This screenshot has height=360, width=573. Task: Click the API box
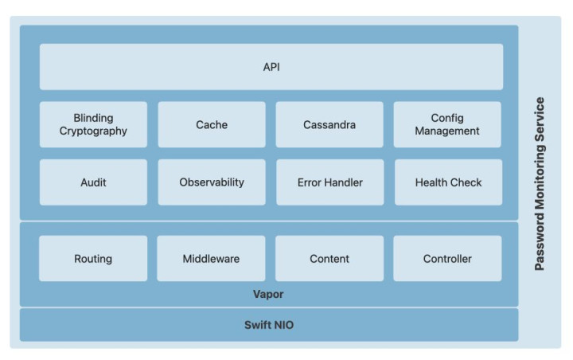click(271, 67)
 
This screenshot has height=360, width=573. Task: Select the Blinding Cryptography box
click(93, 124)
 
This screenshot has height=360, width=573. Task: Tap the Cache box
click(212, 124)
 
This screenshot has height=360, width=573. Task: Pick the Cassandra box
click(329, 124)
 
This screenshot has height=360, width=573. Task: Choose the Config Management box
click(447, 124)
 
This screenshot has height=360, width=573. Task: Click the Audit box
click(93, 182)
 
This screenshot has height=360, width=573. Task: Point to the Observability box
click(212, 182)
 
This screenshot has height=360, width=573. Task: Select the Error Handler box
click(330, 182)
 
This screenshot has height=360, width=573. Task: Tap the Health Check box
click(448, 182)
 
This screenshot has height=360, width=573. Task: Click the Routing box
click(93, 258)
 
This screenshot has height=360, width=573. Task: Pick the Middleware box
click(211, 258)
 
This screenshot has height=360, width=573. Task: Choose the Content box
click(329, 258)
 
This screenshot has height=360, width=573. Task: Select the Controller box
click(447, 258)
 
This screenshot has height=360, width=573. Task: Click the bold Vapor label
click(268, 294)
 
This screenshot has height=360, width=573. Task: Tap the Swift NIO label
click(269, 325)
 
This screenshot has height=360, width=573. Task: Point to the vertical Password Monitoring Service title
click(540, 184)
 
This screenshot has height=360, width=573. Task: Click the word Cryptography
click(93, 131)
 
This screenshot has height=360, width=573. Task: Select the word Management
click(447, 131)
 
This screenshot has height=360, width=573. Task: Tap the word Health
click(431, 182)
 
